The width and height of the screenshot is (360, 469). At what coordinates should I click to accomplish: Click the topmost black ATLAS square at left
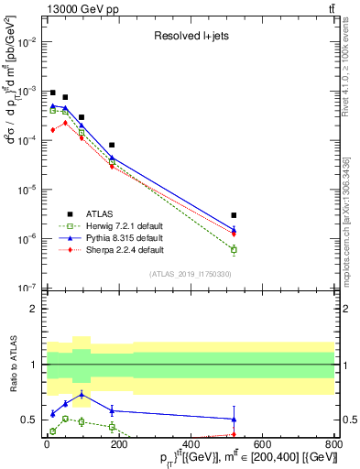53,93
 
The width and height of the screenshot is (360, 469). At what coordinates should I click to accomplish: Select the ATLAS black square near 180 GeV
112,145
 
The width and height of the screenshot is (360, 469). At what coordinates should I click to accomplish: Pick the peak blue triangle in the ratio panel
82,395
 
